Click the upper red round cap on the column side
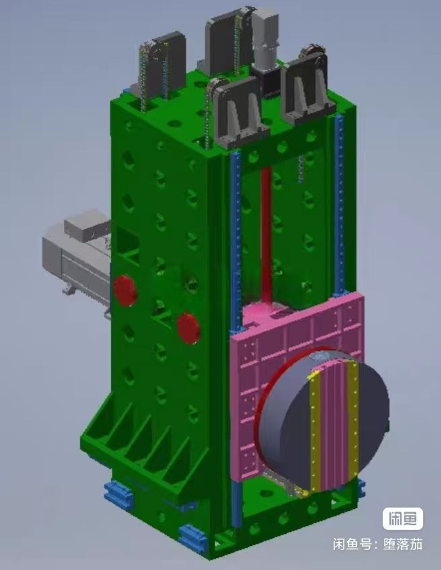click(125, 291)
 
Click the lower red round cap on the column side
click(188, 328)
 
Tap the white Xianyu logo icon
click(403, 519)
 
